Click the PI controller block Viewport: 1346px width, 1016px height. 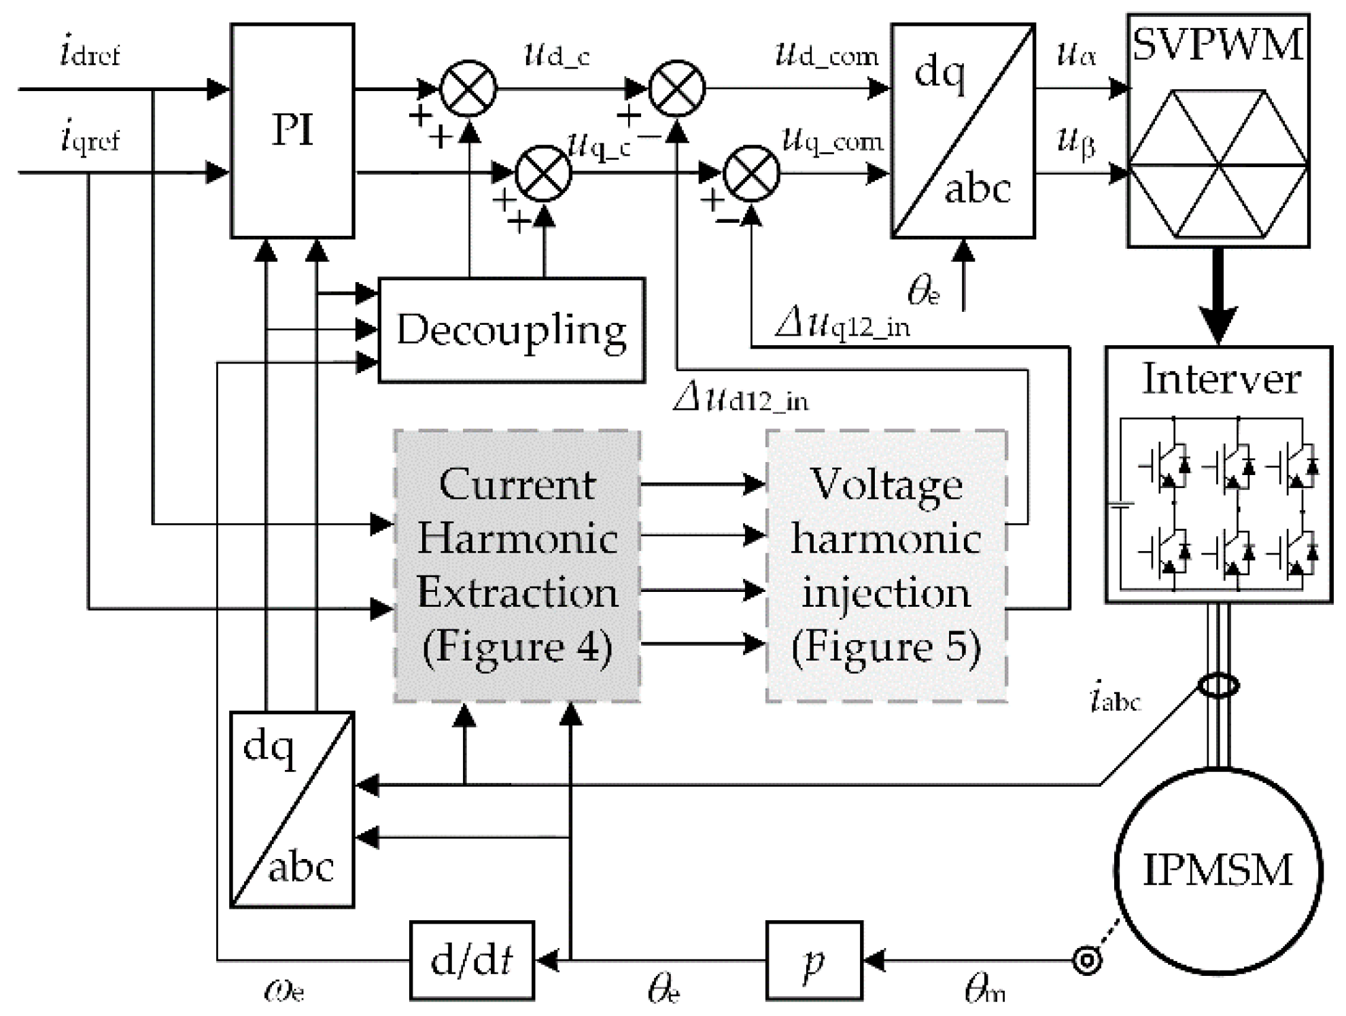[292, 130]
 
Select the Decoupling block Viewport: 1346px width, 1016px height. [511, 330]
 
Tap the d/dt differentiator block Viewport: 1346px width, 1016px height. [472, 960]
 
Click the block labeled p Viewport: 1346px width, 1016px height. [814, 960]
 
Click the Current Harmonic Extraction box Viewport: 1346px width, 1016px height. [517, 565]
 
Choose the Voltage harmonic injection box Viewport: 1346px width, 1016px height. [886, 565]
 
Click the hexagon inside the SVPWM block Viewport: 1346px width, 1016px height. [1218, 164]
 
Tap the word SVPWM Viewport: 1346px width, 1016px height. [1218, 45]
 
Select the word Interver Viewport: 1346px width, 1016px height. [1221, 379]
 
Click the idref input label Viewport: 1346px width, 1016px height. [90, 54]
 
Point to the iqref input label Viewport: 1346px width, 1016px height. [90, 140]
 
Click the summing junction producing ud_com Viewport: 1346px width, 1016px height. [677, 88]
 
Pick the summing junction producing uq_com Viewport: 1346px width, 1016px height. [751, 174]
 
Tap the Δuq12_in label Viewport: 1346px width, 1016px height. [843, 325]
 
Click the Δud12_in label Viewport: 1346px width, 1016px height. [741, 399]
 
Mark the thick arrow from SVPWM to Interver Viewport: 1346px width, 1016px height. [1218, 296]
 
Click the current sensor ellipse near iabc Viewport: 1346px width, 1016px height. [1218, 686]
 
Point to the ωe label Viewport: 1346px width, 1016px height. [284, 990]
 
